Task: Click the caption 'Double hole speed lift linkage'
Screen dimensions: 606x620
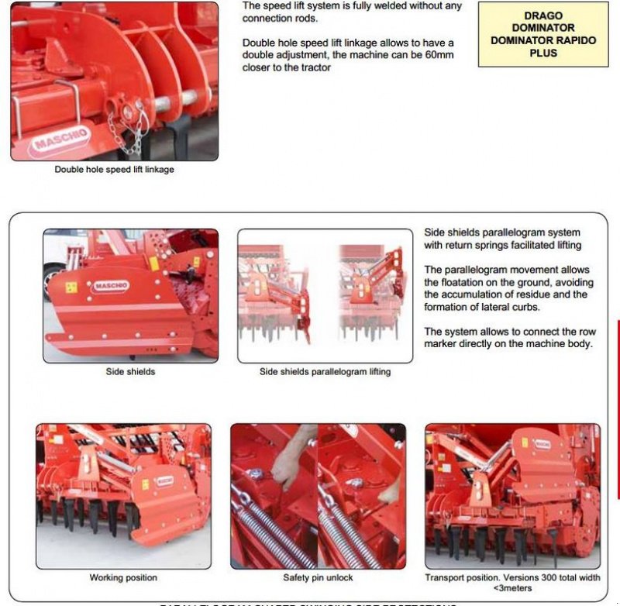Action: [x=114, y=170]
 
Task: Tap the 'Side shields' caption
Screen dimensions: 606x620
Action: [x=130, y=372]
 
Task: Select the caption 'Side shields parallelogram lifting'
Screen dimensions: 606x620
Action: [x=325, y=372]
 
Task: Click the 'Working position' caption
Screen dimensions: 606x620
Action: [x=123, y=578]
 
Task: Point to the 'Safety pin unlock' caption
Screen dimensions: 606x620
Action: [x=318, y=578]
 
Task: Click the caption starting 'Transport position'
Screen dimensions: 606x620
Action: [x=512, y=578]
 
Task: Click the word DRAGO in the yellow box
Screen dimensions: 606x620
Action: [x=543, y=15]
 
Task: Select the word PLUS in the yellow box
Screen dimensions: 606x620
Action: [x=543, y=53]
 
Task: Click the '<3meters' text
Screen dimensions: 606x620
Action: [x=512, y=588]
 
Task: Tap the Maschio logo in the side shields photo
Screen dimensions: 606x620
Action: [x=111, y=286]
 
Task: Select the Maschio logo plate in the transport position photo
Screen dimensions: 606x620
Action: [x=540, y=443]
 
